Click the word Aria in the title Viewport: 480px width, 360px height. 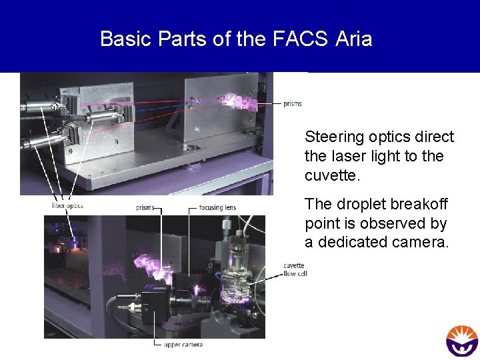[354, 39]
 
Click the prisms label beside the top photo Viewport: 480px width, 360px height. [292, 104]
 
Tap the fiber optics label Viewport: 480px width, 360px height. [67, 205]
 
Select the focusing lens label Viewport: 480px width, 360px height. [217, 207]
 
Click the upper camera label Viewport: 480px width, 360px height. [183, 345]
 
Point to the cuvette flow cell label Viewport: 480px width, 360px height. [293, 269]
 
